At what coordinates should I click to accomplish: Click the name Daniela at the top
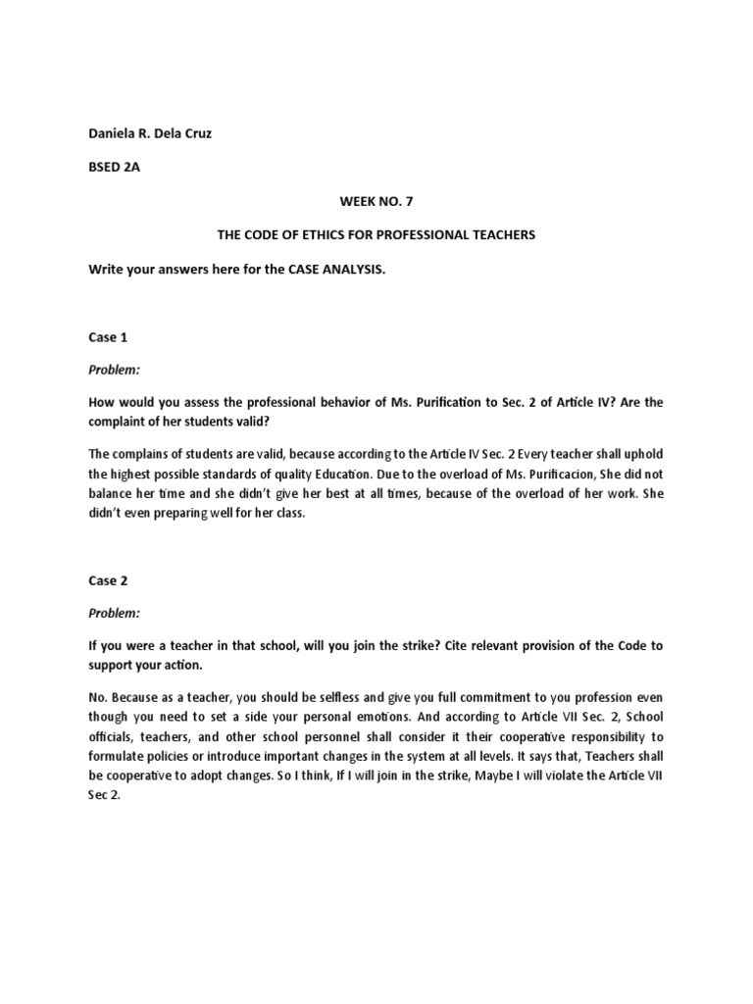113,133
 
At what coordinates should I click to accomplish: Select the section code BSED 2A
115,168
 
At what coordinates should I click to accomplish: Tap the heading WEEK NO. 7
376,201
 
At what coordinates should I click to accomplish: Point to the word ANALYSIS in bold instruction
344,269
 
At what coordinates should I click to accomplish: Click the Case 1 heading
108,336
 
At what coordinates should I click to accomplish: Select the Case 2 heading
108,579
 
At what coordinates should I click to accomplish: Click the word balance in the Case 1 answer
111,495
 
